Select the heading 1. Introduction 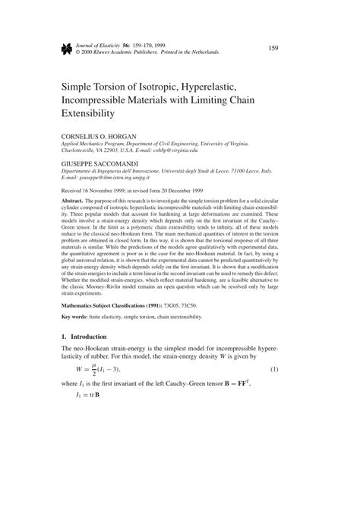tap(79, 337)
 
